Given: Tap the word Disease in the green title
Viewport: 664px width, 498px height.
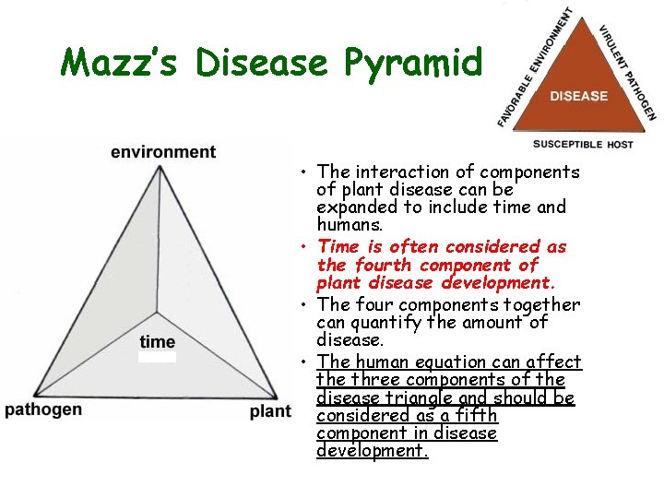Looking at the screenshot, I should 267,63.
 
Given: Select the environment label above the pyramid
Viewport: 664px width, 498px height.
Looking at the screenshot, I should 163,151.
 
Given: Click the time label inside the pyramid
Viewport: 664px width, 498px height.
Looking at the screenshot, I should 158,342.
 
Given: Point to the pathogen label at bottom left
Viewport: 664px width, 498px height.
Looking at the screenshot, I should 43,409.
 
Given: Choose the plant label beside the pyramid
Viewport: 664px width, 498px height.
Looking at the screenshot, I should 269,411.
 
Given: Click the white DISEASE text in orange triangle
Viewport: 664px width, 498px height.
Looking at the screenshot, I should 579,96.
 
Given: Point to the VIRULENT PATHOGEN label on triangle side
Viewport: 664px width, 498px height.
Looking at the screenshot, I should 628,72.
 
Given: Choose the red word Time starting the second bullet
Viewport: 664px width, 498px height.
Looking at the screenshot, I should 338,246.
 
